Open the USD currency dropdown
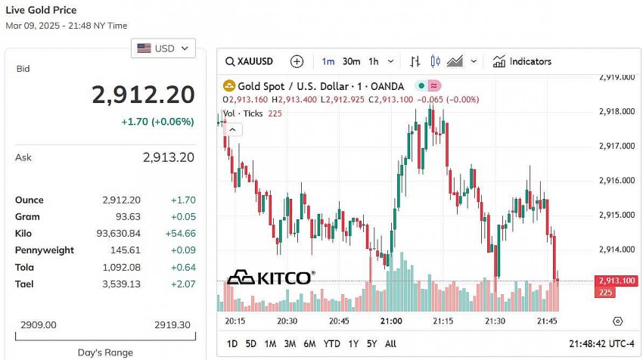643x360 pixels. pos(163,48)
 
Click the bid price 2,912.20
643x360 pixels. pos(143,95)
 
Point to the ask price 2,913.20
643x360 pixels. pos(169,157)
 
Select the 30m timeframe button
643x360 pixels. pos(351,61)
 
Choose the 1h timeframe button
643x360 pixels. pos(374,61)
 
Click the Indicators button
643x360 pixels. pos(522,61)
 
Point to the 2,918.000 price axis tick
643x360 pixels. pos(616,111)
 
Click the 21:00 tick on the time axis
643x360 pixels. pos(391,321)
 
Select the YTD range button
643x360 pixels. pos(331,343)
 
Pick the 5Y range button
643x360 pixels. pos(371,343)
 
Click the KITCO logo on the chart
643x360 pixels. pos(271,278)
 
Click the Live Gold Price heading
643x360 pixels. pos(42,10)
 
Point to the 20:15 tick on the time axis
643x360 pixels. pos(235,321)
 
